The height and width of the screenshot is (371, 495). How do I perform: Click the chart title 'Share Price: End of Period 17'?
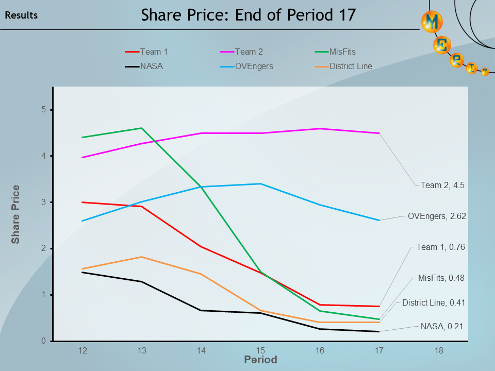[249, 15]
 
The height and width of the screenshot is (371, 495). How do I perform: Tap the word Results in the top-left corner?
[21, 15]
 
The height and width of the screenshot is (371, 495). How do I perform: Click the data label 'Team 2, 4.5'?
[442, 185]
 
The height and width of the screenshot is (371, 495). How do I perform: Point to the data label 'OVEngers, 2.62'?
[437, 216]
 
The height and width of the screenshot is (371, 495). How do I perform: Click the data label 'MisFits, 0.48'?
[441, 278]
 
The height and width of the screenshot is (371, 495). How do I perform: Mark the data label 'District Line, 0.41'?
[434, 303]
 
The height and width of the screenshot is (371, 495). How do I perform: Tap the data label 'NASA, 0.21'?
[442, 326]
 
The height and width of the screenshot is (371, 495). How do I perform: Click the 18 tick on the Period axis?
[439, 351]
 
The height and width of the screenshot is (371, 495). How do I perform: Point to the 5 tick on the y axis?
[44, 110]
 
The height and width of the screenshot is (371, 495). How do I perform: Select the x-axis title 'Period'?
[260, 360]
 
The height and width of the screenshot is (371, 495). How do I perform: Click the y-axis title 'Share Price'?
[16, 214]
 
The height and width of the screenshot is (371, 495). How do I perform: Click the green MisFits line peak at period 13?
[141, 128]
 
